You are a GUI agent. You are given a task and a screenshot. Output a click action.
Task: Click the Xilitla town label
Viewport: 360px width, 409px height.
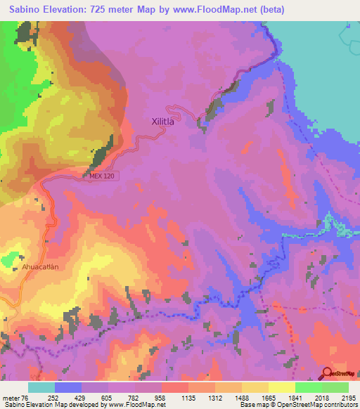pos(167,121)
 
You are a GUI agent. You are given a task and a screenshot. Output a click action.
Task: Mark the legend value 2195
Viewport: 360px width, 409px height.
pos(349,397)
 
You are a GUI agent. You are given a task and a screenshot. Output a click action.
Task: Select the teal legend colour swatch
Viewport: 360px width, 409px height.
pos(41,387)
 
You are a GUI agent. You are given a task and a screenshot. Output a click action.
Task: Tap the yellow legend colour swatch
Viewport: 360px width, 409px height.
pos(282,387)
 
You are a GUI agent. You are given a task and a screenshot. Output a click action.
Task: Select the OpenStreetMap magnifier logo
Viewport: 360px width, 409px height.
pos(326,373)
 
